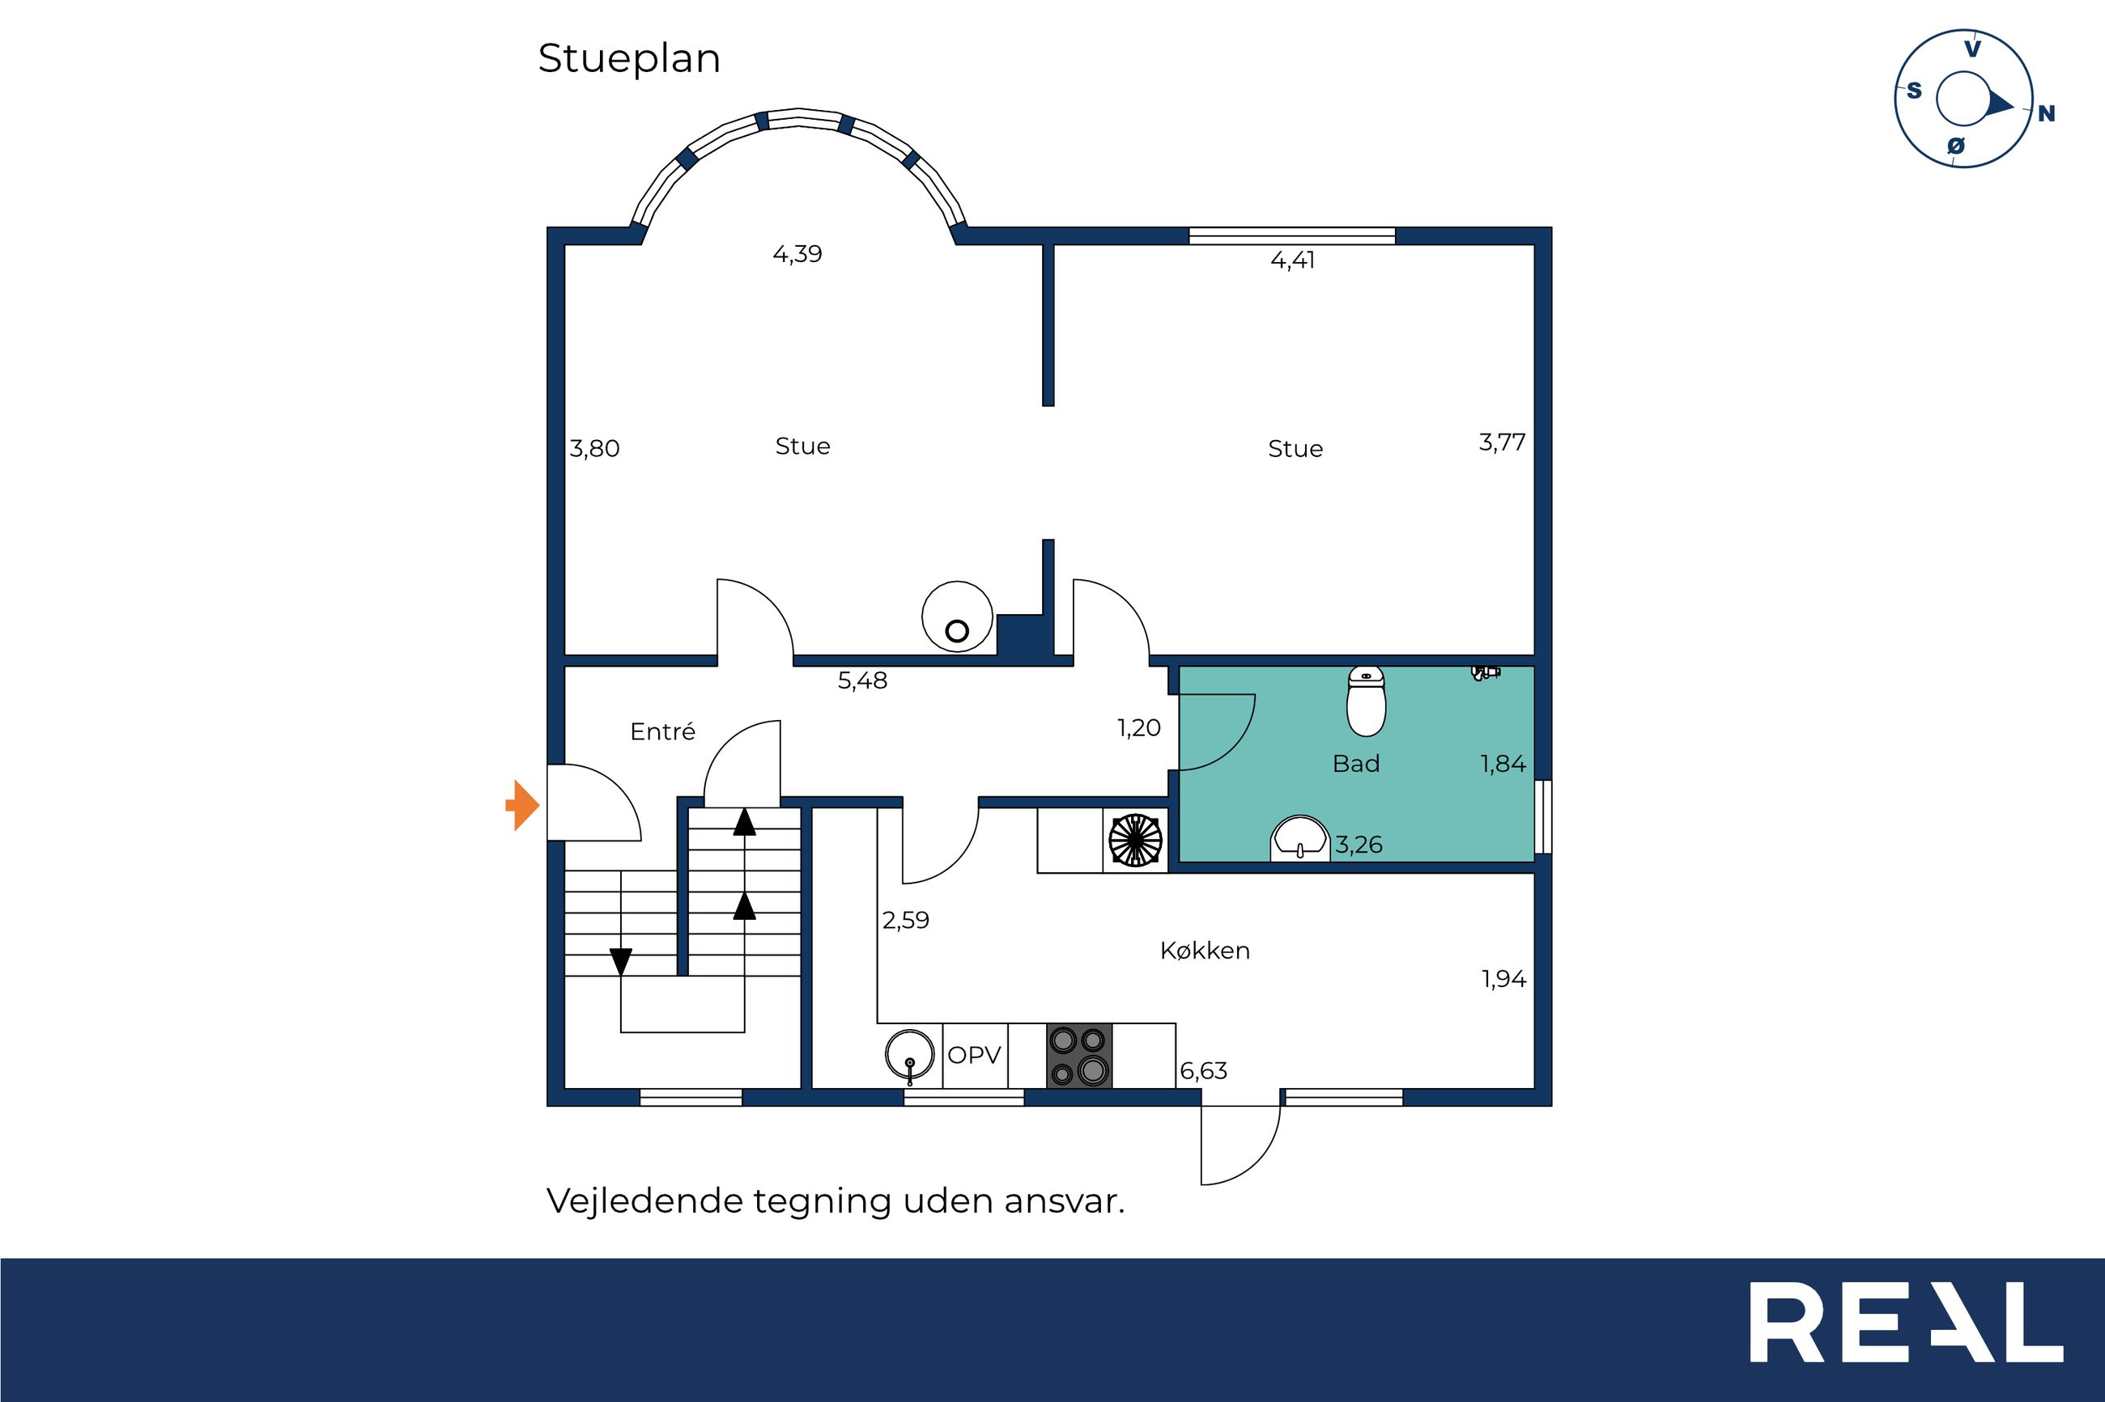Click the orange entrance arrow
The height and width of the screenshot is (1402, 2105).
pos(522,805)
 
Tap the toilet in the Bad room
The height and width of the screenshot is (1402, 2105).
pos(1366,701)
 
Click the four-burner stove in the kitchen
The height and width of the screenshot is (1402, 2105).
pos(1079,1055)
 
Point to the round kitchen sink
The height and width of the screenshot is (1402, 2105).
pos(910,1054)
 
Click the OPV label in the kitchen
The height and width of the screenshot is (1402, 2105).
pos(973,1055)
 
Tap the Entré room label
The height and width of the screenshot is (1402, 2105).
pos(662,731)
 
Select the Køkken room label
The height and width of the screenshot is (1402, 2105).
pos(1204,951)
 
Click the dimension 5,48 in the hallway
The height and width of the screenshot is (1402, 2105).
pos(862,681)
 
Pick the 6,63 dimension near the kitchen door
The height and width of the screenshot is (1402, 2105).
pos(1203,1070)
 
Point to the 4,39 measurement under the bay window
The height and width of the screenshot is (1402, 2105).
pos(797,255)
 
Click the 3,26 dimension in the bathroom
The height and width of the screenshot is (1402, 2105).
pos(1359,844)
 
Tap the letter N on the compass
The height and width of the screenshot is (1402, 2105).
pos(2046,113)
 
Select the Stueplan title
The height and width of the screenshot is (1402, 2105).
pos(629,59)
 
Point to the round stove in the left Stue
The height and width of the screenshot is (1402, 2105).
pos(957,616)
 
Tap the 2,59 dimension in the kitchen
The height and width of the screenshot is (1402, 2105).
pos(905,920)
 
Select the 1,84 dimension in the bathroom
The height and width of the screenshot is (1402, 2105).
pos(1503,764)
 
